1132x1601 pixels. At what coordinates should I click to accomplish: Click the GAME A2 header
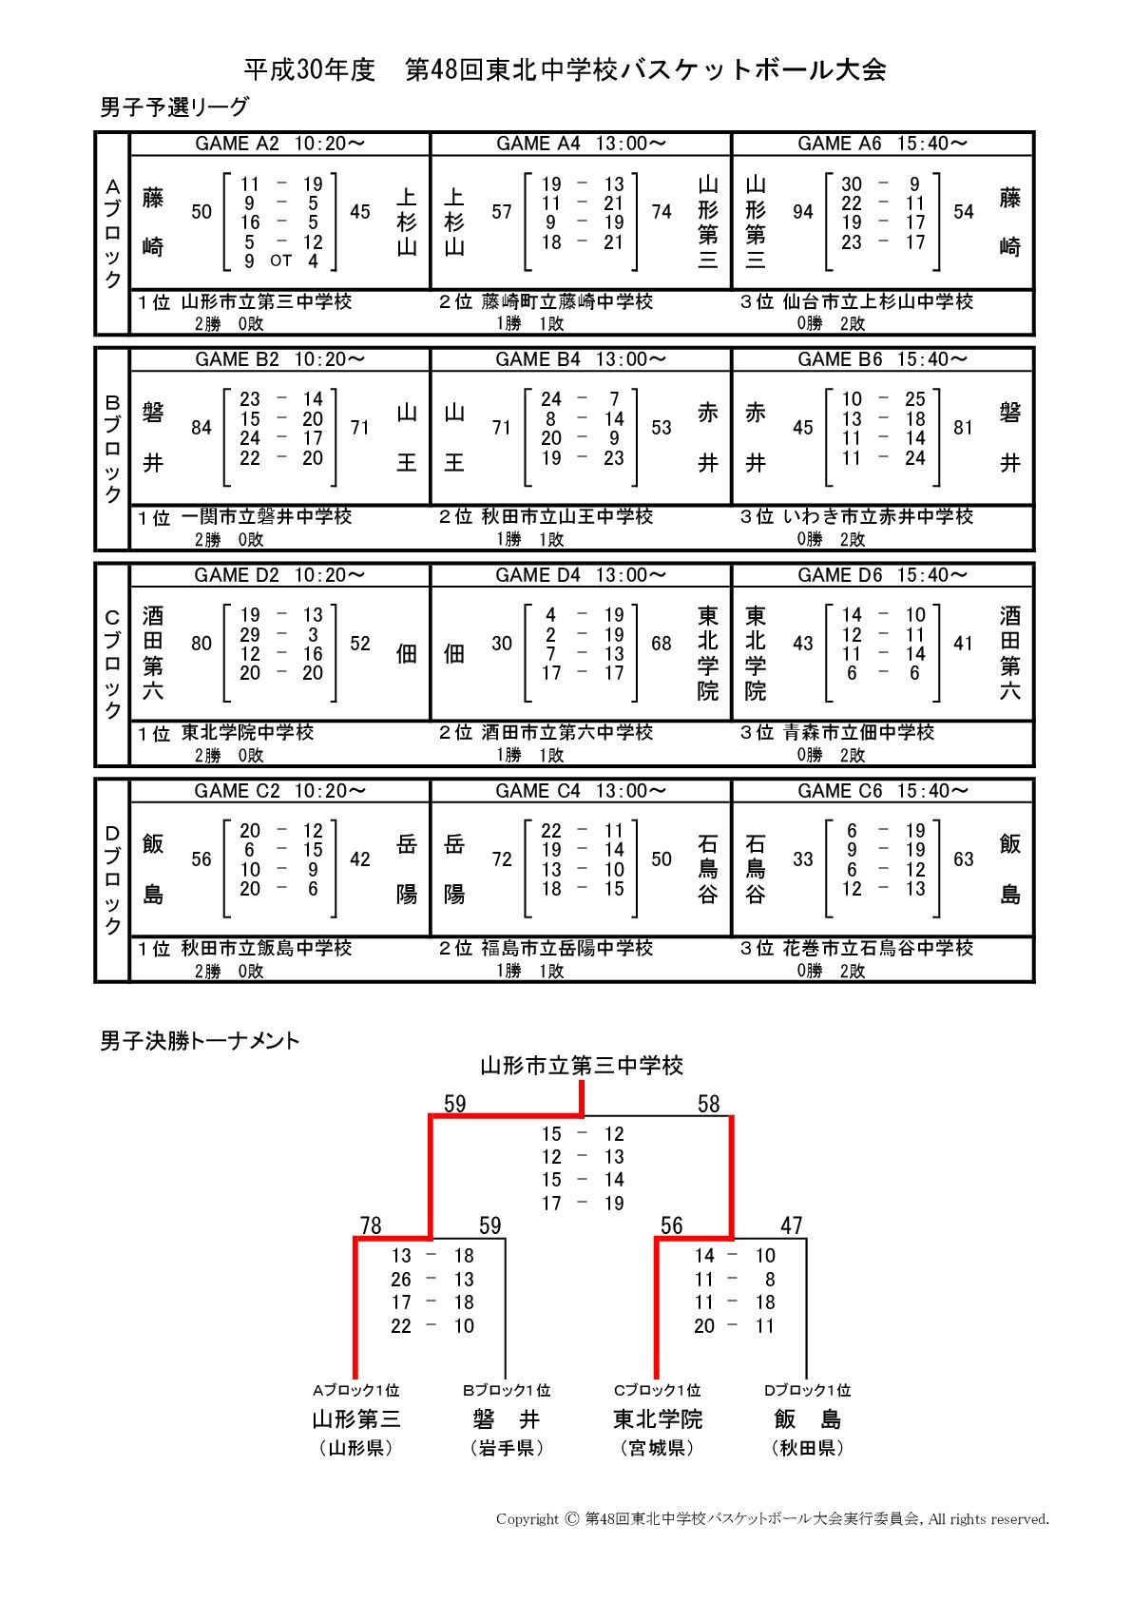(x=279, y=144)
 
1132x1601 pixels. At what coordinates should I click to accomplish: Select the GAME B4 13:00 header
(x=581, y=359)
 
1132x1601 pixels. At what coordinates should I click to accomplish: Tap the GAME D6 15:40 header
(x=882, y=575)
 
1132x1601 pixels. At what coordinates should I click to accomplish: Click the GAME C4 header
(x=581, y=791)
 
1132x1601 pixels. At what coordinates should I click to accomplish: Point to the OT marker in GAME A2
(x=280, y=260)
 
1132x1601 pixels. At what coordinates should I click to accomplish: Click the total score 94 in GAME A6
(x=803, y=212)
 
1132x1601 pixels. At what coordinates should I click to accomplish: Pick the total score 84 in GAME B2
(x=201, y=428)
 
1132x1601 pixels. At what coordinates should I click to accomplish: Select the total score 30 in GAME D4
(x=502, y=644)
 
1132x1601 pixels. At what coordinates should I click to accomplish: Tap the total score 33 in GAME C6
(x=803, y=859)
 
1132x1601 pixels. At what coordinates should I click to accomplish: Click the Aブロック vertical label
(x=112, y=234)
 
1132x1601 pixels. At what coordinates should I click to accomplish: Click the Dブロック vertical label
(x=112, y=880)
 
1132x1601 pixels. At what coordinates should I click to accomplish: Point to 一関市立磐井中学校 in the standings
(x=266, y=516)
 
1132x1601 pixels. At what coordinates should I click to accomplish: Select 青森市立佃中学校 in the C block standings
(x=858, y=732)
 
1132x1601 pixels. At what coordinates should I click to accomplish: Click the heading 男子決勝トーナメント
(x=200, y=1041)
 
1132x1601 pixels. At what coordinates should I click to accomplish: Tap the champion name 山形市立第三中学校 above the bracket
(x=582, y=1066)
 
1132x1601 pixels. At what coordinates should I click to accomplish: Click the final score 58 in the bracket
(x=709, y=1104)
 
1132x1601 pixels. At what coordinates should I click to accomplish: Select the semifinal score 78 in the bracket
(x=371, y=1225)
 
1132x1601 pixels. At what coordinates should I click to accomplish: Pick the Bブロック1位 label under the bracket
(x=507, y=1390)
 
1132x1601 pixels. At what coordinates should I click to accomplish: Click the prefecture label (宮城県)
(x=657, y=1448)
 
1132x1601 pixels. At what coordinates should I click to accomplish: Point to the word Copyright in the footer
(x=528, y=1519)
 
